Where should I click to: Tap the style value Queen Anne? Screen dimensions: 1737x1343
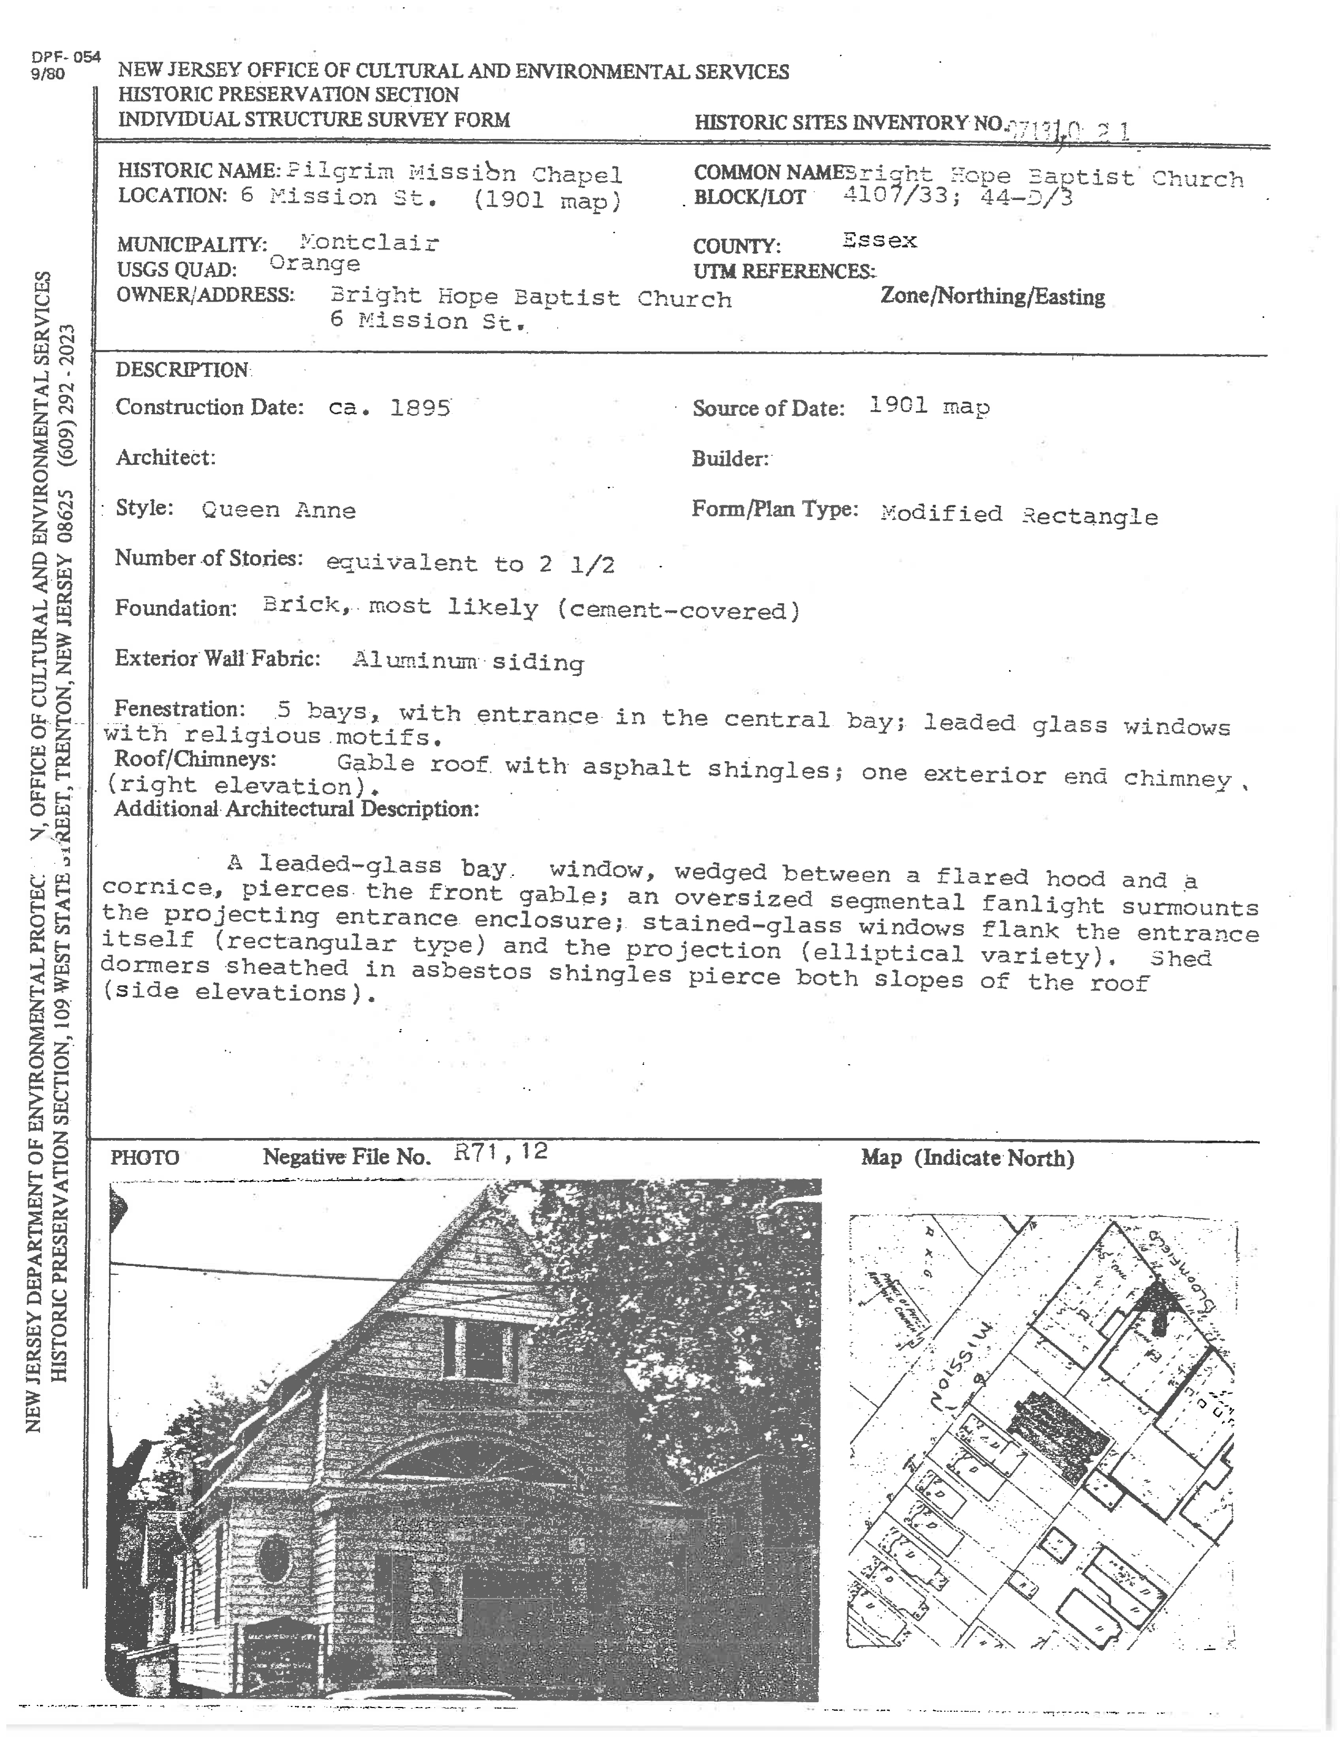click(x=279, y=510)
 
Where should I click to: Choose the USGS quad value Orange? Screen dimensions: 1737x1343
click(x=314, y=264)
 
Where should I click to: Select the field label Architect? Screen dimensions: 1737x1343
click(x=165, y=457)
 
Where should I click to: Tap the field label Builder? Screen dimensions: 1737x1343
click(x=729, y=459)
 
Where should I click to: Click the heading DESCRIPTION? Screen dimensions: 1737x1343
click(x=182, y=370)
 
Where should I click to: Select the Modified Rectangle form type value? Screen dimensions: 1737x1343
click(x=1019, y=515)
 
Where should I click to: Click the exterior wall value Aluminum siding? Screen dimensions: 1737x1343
click(x=468, y=661)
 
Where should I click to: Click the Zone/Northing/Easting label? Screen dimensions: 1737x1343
click(x=992, y=297)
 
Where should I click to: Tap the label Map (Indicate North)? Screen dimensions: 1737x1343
click(x=966, y=1158)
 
